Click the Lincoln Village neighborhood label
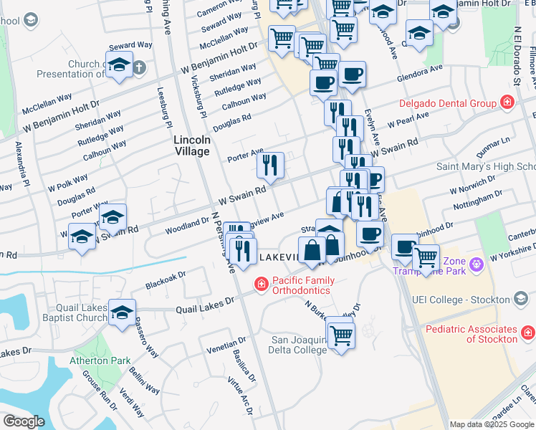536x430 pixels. [192, 146]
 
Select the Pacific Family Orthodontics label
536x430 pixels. [295, 285]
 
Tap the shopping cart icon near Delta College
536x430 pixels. [342, 334]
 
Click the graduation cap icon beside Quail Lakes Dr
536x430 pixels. [122, 312]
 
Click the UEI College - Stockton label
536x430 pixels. [461, 299]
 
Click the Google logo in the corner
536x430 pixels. [24, 421]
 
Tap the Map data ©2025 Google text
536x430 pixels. [492, 424]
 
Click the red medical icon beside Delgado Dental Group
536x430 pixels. [507, 103]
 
